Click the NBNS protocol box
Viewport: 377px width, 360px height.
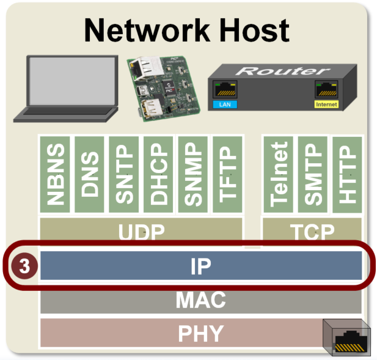(56, 175)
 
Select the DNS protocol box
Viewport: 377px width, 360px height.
(90, 175)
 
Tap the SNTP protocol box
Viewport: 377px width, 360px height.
(124, 175)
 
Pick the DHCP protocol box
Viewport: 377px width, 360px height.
(158, 175)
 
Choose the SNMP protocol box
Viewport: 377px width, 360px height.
(192, 175)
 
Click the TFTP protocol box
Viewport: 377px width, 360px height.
(227, 175)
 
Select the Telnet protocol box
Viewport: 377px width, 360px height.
(278, 175)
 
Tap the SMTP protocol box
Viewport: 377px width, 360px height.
(312, 175)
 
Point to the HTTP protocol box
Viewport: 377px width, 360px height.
(346, 175)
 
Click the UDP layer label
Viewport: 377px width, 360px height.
(142, 233)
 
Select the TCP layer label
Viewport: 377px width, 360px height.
(312, 233)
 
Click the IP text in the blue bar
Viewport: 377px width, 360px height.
(201, 266)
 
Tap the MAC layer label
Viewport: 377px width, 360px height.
(201, 300)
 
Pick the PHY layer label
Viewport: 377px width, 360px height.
(201, 333)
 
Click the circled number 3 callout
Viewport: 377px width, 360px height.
(24, 267)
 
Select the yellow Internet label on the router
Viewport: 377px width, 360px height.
(326, 105)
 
